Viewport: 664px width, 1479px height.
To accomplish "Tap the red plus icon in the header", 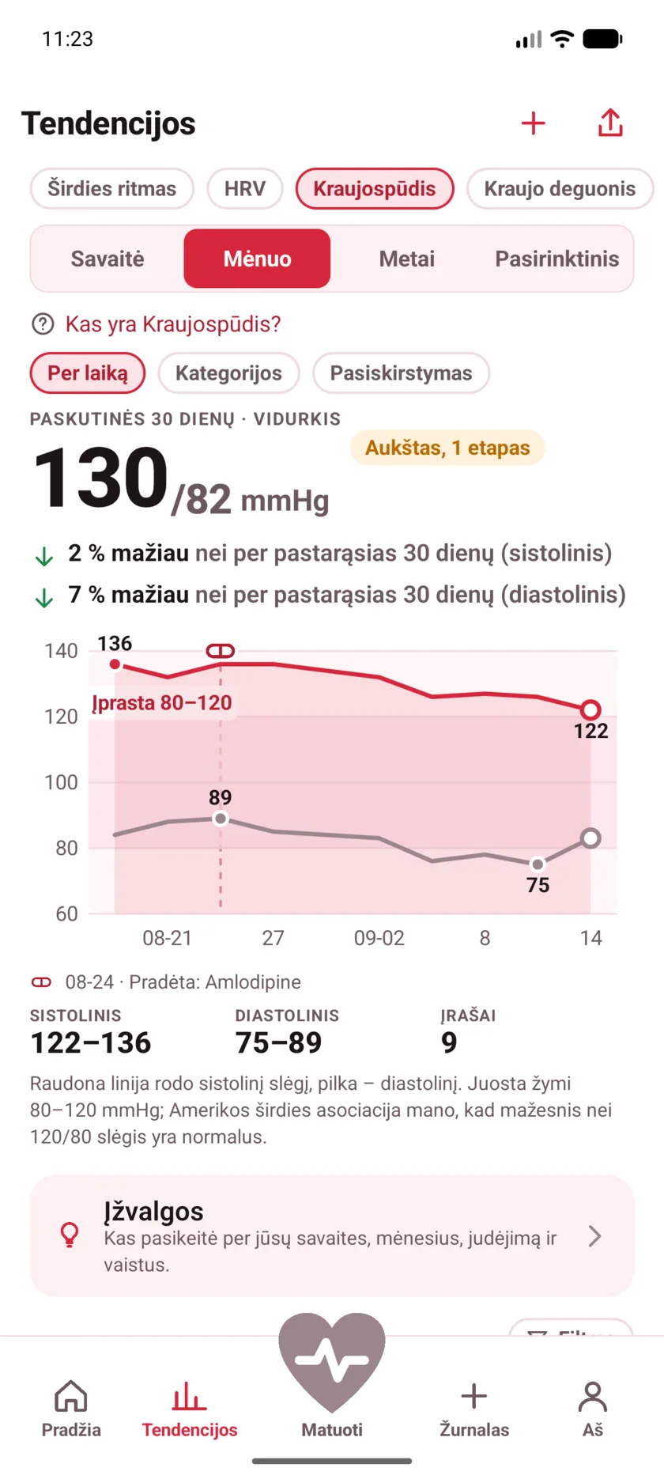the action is coord(534,123).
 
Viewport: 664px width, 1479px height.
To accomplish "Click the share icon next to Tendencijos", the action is coord(610,123).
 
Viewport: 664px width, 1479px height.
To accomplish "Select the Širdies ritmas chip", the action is coord(111,189).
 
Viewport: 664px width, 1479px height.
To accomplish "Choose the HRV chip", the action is coord(245,189).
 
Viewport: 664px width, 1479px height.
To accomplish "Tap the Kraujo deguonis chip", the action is coord(560,189).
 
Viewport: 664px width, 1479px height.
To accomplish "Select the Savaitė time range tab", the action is coord(108,259).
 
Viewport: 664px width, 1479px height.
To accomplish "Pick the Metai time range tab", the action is coord(407,259).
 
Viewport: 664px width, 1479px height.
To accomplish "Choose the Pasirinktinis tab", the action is coord(557,259).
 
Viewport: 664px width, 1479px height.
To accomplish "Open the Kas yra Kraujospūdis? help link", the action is coord(173,324).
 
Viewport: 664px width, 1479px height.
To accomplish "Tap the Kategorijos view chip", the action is coord(228,373).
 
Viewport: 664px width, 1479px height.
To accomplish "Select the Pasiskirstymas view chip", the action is coord(401,373).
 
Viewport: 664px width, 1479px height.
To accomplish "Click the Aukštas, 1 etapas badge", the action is coord(447,448).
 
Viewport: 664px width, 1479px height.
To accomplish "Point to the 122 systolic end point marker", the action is coord(590,709).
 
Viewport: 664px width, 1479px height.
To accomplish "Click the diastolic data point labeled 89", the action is coord(221,819).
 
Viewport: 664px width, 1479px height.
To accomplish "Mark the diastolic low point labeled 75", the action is coord(538,864).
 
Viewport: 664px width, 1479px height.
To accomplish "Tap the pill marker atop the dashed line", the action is coord(221,651).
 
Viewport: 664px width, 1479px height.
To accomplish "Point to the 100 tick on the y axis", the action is coord(61,782).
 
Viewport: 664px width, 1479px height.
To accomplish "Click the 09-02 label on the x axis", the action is coord(379,938).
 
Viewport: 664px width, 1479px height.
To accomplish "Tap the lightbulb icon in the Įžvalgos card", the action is coord(70,1235).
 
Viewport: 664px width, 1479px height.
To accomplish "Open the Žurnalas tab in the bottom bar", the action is coord(474,1409).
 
